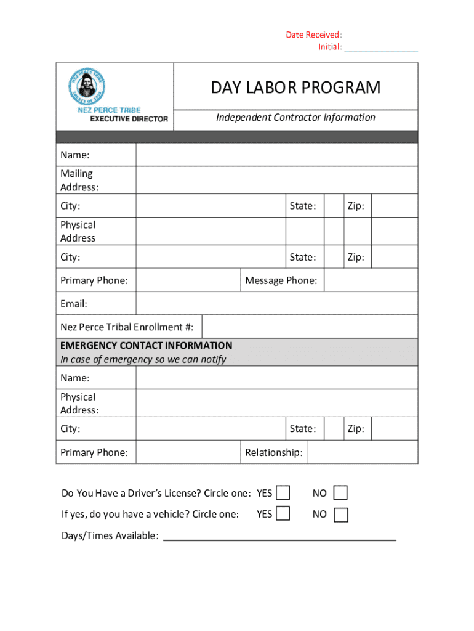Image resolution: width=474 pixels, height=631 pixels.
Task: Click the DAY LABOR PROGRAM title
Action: (x=295, y=88)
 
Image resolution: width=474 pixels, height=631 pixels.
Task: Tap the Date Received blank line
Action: (x=381, y=36)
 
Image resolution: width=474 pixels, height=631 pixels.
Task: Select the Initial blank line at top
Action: (x=381, y=47)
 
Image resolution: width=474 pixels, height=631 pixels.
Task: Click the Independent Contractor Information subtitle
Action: (x=295, y=117)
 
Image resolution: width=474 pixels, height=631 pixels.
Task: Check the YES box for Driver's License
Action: (x=283, y=492)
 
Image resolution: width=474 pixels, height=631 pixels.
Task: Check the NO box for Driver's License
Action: (x=340, y=492)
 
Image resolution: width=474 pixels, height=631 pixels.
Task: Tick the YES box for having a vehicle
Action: (x=283, y=513)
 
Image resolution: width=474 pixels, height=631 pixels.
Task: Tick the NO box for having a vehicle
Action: (x=340, y=514)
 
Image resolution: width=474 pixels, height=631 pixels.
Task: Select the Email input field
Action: (x=276, y=303)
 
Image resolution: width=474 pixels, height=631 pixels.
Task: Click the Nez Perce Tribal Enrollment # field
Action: (x=310, y=327)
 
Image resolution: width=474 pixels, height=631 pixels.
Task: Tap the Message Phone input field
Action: (x=371, y=280)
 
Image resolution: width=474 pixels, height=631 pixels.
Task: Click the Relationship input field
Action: (x=362, y=452)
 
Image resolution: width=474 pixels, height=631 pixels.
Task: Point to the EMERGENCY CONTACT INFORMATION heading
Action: (x=146, y=345)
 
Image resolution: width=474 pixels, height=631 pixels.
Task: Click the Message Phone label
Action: (x=281, y=281)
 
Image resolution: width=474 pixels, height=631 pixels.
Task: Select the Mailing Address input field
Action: (x=276, y=180)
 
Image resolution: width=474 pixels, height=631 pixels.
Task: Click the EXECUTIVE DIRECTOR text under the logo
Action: (x=129, y=119)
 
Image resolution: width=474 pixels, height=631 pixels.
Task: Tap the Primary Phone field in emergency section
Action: (x=188, y=452)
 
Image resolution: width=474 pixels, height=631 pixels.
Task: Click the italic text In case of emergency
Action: (x=143, y=359)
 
